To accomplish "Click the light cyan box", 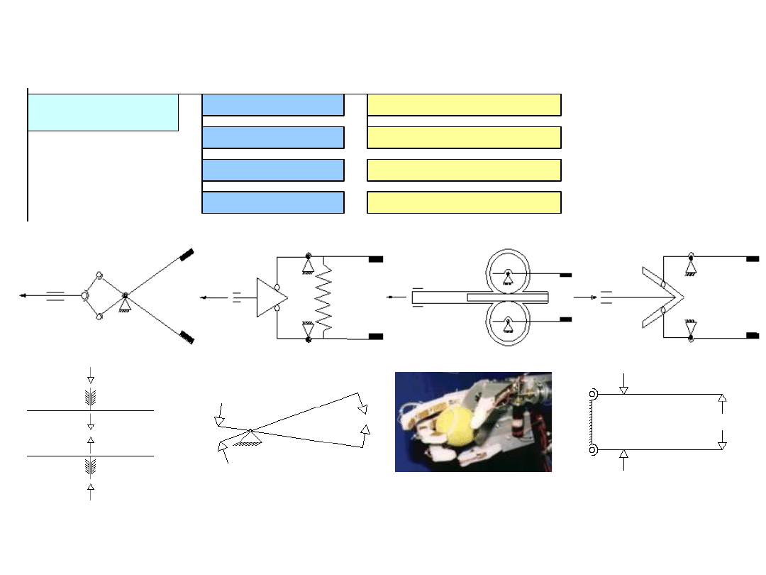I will (x=103, y=112).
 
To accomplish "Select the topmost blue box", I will (x=273, y=104).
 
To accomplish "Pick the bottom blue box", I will (x=273, y=202).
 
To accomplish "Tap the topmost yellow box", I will (x=464, y=104).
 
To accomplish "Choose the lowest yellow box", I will (x=464, y=202).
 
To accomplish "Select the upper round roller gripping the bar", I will (x=508, y=272).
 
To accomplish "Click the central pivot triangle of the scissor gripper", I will (x=126, y=302).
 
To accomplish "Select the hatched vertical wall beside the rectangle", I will (x=592, y=422).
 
